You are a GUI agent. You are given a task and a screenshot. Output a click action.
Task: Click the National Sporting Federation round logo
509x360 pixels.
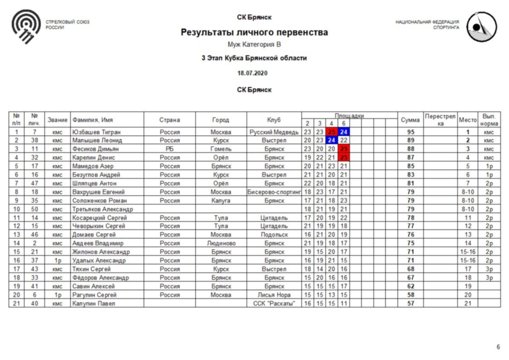[481, 27]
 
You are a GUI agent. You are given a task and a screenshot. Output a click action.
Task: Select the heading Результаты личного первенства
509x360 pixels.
[254, 33]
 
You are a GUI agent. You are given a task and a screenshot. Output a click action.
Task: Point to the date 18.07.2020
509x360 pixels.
[253, 73]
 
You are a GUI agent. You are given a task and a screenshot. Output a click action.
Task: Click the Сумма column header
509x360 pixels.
[411, 120]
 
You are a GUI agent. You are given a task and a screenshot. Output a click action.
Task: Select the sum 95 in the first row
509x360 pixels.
[411, 132]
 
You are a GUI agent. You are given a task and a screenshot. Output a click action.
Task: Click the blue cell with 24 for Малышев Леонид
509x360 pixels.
[331, 141]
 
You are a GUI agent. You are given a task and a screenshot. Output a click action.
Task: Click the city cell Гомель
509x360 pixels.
[221, 149]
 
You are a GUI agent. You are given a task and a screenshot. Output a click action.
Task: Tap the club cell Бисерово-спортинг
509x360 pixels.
[274, 192]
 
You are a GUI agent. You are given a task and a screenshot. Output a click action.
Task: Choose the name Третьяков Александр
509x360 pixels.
[102, 209]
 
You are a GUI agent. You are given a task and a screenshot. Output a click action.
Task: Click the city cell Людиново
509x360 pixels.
[221, 243]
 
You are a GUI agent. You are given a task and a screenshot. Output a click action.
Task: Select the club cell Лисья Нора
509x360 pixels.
[274, 295]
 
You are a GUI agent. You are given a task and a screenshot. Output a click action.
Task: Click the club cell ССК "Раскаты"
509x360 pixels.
[274, 303]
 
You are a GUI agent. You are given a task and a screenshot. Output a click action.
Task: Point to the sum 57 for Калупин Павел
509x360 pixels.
[411, 303]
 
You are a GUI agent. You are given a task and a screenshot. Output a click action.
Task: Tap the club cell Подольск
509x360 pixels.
[274, 235]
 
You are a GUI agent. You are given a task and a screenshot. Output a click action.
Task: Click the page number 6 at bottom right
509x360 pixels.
[498, 347]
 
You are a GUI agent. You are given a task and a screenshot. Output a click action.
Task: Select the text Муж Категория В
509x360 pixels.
[254, 45]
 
